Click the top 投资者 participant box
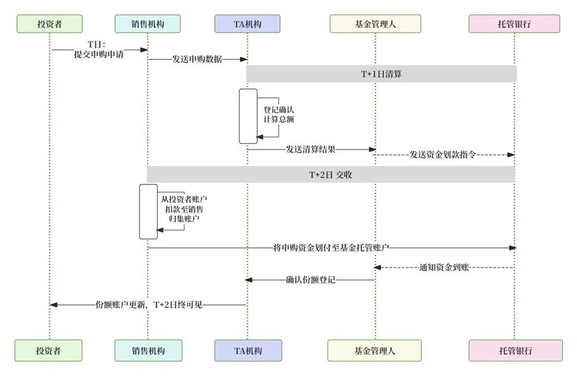click(49, 24)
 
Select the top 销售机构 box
click(147, 24)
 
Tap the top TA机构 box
click(247, 24)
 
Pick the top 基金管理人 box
click(375, 24)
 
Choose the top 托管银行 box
click(514, 24)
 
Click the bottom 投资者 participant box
click(49, 350)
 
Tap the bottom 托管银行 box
click(515, 350)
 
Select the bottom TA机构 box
click(247, 350)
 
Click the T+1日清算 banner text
click(381, 74)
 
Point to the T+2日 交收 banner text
click(330, 174)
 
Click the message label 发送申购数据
click(197, 59)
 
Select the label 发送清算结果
click(310, 149)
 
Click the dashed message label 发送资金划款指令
click(444, 155)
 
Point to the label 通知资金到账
click(444, 268)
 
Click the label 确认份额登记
click(310, 280)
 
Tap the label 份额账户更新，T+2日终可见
click(149, 305)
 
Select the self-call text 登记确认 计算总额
click(279, 114)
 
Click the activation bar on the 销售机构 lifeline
click(148, 212)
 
